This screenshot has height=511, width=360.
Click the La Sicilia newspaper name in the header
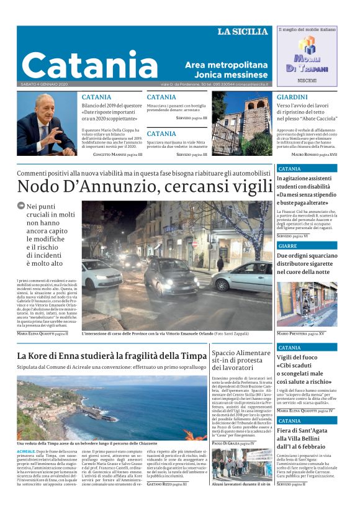(242, 32)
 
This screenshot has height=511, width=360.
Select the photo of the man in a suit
(47, 124)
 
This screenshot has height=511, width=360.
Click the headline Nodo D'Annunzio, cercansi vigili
(145, 186)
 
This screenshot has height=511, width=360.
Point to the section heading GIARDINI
(292, 97)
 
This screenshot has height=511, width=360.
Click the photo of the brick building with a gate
(243, 124)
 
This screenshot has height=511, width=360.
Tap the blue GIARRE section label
(288, 245)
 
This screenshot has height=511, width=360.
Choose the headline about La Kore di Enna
(112, 356)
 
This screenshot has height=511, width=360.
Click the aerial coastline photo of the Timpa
(112, 407)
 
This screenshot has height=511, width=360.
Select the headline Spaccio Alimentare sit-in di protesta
(241, 361)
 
